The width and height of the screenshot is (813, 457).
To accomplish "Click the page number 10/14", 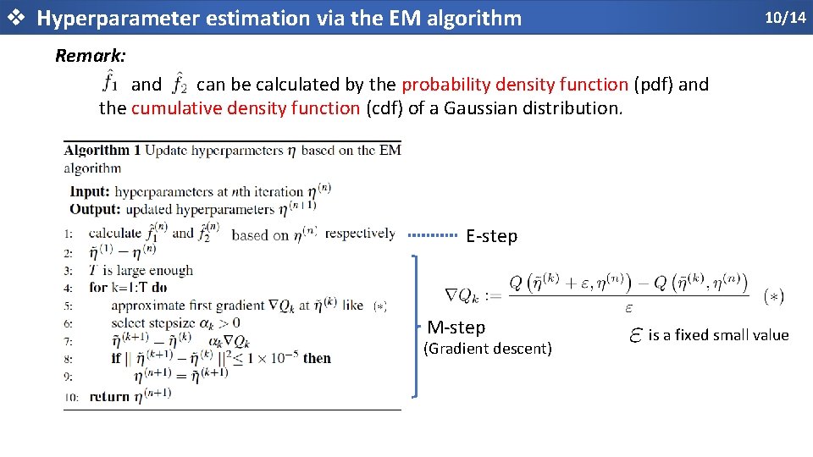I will coord(785,17).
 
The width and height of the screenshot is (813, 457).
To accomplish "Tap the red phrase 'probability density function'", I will coord(515,85).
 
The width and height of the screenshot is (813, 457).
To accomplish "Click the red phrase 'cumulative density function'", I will coord(246,108).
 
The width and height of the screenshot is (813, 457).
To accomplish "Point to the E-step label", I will coord(491,236).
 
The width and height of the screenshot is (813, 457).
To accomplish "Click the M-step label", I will coord(456,327).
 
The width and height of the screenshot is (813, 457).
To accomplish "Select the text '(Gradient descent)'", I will coord(487,348).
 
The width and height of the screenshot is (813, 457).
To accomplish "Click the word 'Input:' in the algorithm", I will coord(91,192).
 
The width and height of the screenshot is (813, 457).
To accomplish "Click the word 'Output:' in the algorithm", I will coord(95,209).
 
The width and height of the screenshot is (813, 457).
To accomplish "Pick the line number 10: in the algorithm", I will coord(71,397).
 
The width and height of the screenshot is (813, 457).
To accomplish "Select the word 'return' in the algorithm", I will coord(108,396).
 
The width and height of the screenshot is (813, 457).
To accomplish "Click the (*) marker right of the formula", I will coord(773,296).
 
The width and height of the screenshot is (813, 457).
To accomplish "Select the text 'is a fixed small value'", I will coord(718,335).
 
